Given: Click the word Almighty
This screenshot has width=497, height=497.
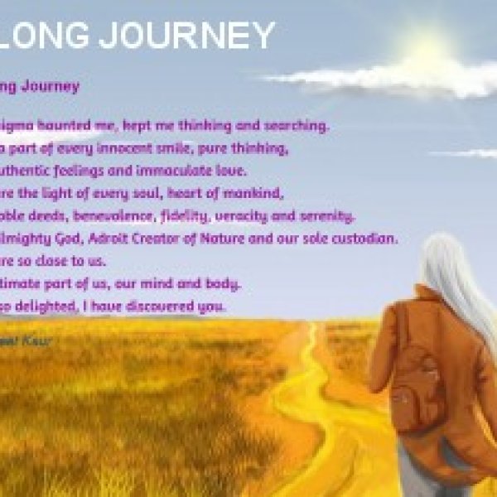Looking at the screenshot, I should [x=34, y=239].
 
